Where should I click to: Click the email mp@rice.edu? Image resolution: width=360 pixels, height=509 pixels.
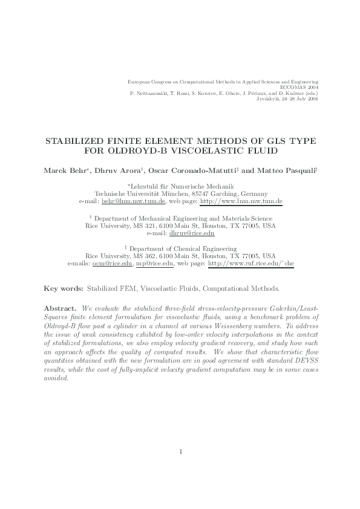(x=155, y=264)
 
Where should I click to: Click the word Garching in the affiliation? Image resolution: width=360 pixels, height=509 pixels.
(x=226, y=193)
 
